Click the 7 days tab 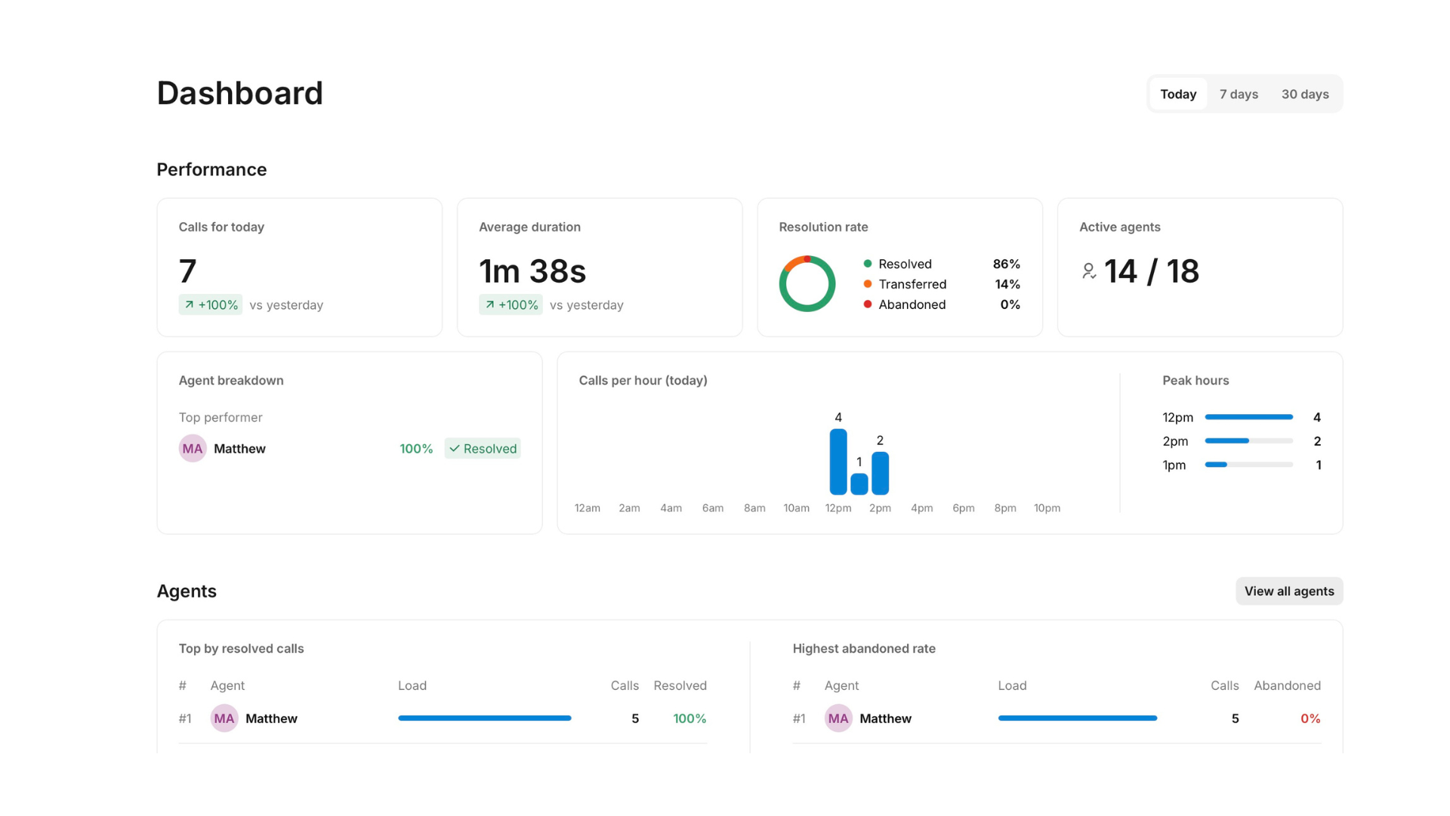(1239, 94)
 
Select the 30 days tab (1305, 94)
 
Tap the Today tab (1178, 94)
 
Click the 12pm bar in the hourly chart (838, 462)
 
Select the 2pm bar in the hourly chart (880, 473)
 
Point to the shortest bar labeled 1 (859, 484)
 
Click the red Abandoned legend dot (868, 304)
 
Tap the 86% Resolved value (1006, 264)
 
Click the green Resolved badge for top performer (483, 449)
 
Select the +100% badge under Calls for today (211, 304)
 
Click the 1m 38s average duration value (532, 271)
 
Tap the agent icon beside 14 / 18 (1088, 271)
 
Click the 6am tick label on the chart (713, 508)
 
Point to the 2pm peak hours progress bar (1249, 441)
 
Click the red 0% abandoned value (1310, 719)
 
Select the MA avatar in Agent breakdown (193, 449)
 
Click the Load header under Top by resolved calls (412, 685)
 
